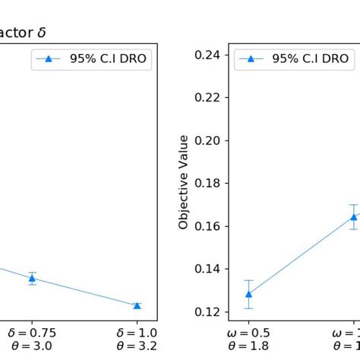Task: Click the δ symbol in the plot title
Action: click(43, 33)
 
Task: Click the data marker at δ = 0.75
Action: click(32, 278)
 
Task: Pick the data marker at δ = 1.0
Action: click(137, 305)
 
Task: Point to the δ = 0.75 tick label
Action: click(32, 333)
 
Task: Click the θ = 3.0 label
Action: click(32, 346)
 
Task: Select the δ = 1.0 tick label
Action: click(137, 333)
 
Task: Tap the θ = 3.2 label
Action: click(137, 346)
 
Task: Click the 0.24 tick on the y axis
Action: click(210, 55)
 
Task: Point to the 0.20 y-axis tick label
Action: click(210, 141)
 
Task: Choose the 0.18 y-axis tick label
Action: click(210, 183)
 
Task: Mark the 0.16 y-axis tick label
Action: click(210, 226)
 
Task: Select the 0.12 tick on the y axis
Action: click(210, 312)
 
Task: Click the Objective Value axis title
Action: click(183, 182)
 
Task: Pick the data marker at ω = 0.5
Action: click(248, 294)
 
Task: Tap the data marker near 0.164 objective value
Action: click(353, 216)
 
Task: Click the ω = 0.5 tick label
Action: click(249, 333)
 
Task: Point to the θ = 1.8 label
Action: click(249, 346)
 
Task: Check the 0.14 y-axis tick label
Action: click(210, 269)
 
